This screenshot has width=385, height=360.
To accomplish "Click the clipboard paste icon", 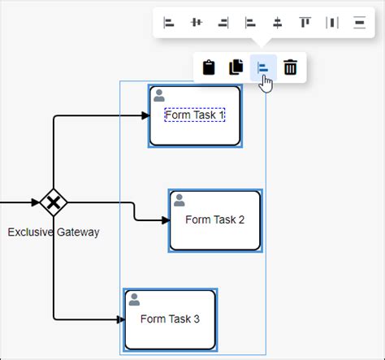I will click(210, 68).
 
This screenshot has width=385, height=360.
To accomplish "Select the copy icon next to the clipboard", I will click(236, 68).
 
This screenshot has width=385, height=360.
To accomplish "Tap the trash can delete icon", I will click(290, 68).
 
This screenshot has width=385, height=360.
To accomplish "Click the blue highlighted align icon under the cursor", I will click(263, 68).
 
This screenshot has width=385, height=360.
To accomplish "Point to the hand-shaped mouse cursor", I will click(266, 83).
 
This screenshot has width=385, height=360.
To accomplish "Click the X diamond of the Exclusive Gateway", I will click(54, 202).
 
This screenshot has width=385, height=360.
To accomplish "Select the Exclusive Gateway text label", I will click(54, 232).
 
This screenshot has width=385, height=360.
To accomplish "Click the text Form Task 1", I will click(195, 115).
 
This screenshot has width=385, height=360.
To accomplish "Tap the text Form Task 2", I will click(214, 219).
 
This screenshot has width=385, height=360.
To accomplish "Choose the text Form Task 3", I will click(170, 319).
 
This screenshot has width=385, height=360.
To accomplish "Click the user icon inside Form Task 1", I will click(159, 94).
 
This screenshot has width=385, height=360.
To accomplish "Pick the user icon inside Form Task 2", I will click(180, 200).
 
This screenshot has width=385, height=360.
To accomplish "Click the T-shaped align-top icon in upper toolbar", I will click(305, 22).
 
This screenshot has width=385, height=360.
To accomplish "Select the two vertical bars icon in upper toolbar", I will click(332, 22).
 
